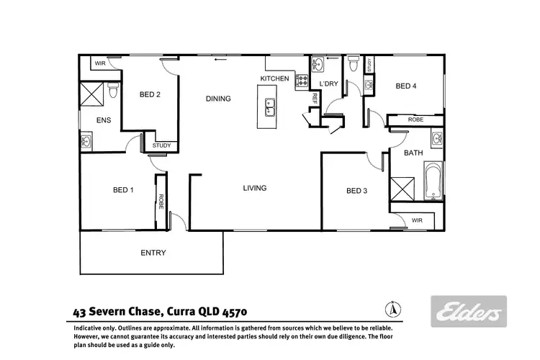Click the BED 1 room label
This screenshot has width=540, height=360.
coord(123,190)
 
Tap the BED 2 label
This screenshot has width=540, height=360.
coord(149,94)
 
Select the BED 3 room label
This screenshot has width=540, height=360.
coord(356,191)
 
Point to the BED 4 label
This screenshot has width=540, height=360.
coord(406,86)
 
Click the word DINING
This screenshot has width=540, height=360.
coord(218,99)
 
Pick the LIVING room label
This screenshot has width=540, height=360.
coord(254,188)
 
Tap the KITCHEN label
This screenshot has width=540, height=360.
coord(274,78)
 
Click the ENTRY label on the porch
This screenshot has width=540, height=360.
coord(153,253)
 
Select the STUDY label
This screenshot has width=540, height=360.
coord(162,146)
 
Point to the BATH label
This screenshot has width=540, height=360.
coord(413,153)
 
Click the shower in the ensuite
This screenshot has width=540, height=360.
coord(92,94)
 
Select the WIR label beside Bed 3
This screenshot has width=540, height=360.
coord(416,221)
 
